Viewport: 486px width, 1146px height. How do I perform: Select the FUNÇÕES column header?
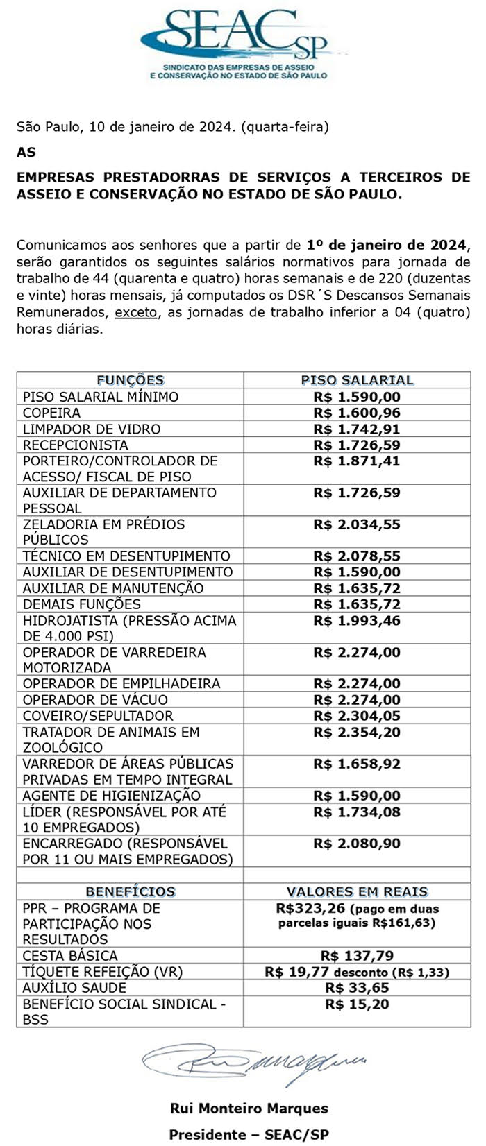130,380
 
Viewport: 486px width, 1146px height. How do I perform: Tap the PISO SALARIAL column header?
357,380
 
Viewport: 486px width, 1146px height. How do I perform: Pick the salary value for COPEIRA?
357,413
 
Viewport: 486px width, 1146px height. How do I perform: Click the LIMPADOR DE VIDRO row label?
92,429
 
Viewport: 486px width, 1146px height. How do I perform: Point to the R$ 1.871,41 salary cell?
357,461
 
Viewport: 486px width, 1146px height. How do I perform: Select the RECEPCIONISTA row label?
76,445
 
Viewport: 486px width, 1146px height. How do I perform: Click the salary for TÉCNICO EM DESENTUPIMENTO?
357,556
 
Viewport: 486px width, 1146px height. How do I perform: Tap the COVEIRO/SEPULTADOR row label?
98,715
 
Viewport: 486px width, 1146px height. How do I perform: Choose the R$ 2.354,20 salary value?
357,732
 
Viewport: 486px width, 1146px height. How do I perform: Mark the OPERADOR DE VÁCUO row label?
95,699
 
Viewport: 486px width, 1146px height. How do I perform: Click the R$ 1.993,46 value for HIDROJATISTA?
357,620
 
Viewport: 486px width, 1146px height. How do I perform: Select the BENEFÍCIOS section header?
130,891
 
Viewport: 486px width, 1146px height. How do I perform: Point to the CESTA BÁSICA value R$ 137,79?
357,955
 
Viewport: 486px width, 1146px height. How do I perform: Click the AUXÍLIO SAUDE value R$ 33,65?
357,988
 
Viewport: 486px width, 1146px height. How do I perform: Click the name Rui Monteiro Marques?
249,1109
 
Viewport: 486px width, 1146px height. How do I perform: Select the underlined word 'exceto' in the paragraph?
136,312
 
